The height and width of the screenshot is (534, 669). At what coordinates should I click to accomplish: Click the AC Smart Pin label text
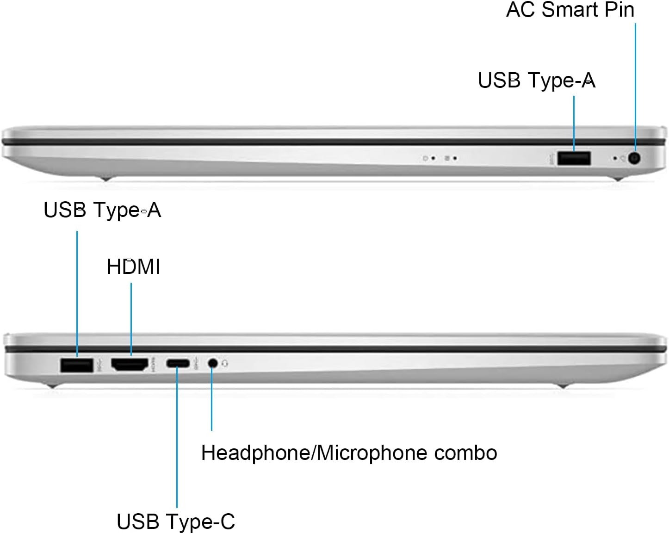click(x=570, y=10)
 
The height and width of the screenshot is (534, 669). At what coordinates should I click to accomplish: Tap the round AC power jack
click(x=635, y=158)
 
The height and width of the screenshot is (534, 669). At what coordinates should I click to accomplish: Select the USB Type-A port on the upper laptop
click(x=574, y=158)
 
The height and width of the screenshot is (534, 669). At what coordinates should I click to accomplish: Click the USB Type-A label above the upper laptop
click(x=536, y=81)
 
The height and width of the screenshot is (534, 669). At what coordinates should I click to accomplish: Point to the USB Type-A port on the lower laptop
click(x=76, y=365)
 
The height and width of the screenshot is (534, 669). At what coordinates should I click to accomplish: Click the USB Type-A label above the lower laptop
click(x=102, y=210)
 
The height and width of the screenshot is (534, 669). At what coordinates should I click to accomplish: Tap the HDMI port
click(x=130, y=365)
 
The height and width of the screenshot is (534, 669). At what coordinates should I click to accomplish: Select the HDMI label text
click(x=133, y=267)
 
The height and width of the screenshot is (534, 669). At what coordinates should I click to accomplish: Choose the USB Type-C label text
click(x=176, y=522)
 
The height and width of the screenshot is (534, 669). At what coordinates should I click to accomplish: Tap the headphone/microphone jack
click(x=213, y=363)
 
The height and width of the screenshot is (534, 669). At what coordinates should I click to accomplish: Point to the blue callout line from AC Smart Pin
click(x=635, y=83)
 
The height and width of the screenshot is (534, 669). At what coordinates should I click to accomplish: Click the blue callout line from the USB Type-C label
click(x=177, y=440)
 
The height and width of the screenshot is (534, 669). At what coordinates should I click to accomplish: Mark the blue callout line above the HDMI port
click(x=131, y=319)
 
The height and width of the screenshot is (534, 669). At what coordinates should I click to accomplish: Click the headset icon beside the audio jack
click(x=225, y=363)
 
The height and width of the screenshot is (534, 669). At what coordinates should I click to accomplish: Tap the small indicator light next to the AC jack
click(x=615, y=158)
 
